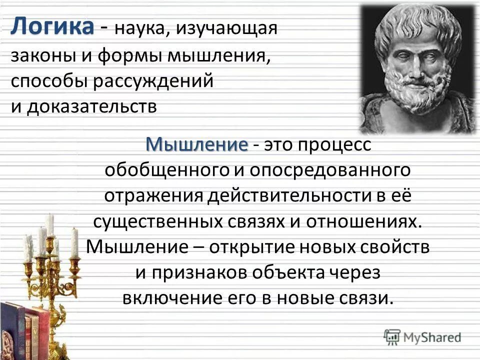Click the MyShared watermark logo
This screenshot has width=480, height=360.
coord(422,336)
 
